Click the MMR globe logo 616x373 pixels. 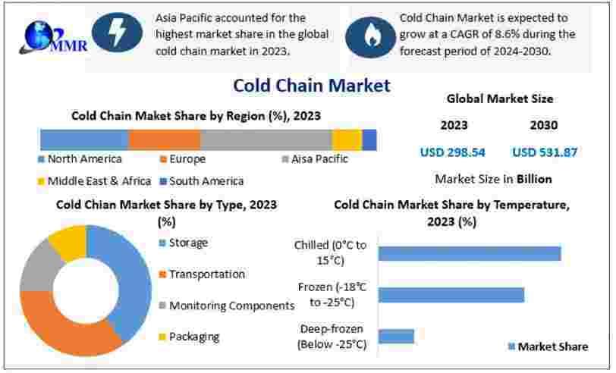tap(52, 38)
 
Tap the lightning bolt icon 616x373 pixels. tap(117, 32)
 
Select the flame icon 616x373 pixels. tap(370, 36)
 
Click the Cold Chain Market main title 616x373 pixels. tap(312, 85)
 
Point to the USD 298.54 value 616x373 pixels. tap(453, 152)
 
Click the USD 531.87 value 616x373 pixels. tap(545, 152)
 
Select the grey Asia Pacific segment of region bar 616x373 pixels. tap(266, 139)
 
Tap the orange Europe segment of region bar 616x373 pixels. tap(164, 139)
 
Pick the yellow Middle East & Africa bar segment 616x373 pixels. tap(347, 139)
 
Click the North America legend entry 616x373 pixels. tap(80, 159)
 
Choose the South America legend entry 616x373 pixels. tap(202, 181)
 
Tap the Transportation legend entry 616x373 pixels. tap(202, 274)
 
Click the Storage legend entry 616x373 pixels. tap(184, 243)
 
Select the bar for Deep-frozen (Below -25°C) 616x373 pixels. tap(396, 337)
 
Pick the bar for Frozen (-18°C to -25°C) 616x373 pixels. tap(451, 295)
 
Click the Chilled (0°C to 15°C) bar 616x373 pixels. tap(470, 254)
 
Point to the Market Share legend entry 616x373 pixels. tap(548, 346)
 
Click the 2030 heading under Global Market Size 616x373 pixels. tap(544, 125)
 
